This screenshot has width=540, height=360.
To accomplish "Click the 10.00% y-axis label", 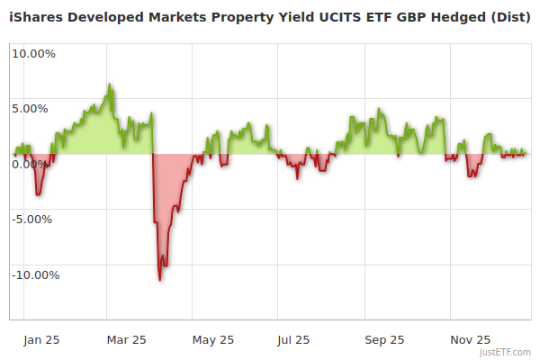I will pos(34,53).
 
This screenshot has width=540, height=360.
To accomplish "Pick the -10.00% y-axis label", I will pos(35,275).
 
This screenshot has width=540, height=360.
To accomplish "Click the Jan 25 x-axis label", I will pos(41,340).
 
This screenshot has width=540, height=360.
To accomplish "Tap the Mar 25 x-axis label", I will pos(126,340).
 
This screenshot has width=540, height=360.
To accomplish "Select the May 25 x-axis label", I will pos(213,340).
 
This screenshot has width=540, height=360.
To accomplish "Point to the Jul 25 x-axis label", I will pos(293,340).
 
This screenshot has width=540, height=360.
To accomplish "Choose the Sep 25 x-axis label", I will pos(384,340).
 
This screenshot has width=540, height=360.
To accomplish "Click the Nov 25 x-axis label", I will pos(470,340).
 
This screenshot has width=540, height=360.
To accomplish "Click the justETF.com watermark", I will pos(506,352).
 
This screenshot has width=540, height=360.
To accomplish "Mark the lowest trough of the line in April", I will pos(160,279).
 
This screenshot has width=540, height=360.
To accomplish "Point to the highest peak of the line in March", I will pos(110,85).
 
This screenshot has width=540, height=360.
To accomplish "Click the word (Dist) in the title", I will pos(508,16).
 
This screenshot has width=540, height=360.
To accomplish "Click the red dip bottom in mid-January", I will pos(37,193).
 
